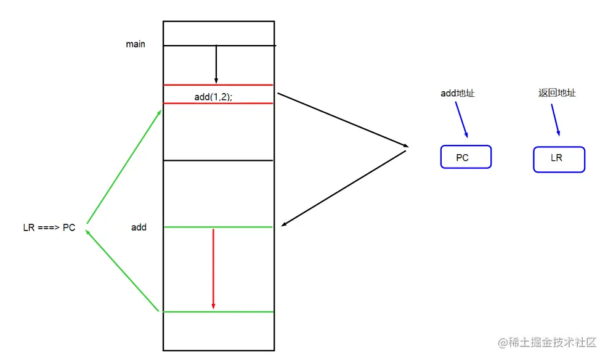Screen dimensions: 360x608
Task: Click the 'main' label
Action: (136, 44)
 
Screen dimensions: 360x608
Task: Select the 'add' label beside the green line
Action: (139, 227)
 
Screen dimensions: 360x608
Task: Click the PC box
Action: (466, 157)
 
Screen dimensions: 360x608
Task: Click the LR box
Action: (558, 158)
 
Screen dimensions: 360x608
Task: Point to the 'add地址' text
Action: (457, 94)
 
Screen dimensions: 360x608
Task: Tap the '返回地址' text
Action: (557, 93)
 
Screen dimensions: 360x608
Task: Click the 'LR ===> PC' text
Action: (49, 228)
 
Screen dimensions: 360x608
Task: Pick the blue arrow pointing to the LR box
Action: (554, 118)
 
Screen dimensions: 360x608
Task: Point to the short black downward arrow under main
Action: (216, 64)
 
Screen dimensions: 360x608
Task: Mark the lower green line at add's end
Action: (218, 312)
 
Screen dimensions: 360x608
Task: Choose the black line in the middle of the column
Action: (218, 161)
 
